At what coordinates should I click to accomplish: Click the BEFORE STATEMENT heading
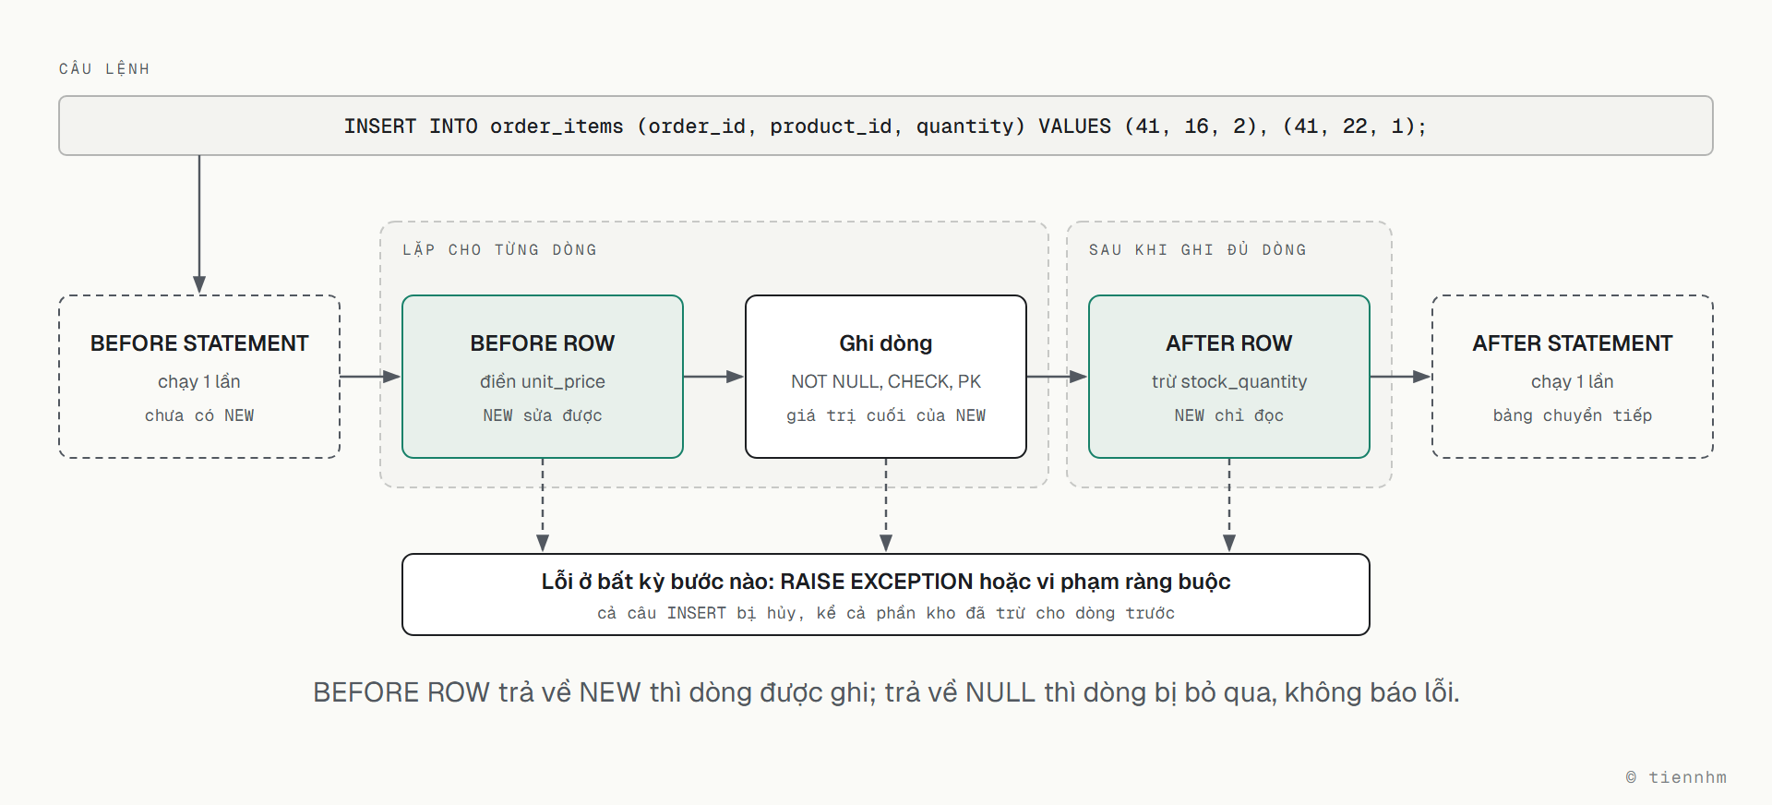tap(199, 343)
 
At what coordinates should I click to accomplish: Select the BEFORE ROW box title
tap(543, 343)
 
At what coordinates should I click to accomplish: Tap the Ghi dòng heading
tap(886, 343)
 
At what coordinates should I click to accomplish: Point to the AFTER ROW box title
tap(1229, 343)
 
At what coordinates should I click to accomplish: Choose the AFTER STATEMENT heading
tap(1573, 343)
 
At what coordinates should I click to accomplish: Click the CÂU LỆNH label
tap(104, 68)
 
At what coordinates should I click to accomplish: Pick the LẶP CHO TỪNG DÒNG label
tap(499, 249)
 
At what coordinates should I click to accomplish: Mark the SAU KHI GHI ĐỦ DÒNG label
tap(1198, 249)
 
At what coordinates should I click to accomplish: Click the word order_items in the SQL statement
tap(557, 126)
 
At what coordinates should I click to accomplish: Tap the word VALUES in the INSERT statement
tap(1075, 126)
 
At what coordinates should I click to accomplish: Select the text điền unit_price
tap(543, 381)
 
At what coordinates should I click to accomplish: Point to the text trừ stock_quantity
tap(1229, 381)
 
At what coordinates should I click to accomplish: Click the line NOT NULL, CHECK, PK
tap(886, 381)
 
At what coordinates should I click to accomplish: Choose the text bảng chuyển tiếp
tap(1573, 415)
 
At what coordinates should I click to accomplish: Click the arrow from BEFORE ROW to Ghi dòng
tap(713, 377)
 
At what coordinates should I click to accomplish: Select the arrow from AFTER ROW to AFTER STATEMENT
tap(1400, 377)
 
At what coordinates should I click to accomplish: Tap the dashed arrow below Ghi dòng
tap(886, 505)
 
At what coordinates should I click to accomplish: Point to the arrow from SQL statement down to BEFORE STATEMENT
tap(199, 224)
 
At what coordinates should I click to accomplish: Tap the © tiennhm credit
tap(1676, 777)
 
